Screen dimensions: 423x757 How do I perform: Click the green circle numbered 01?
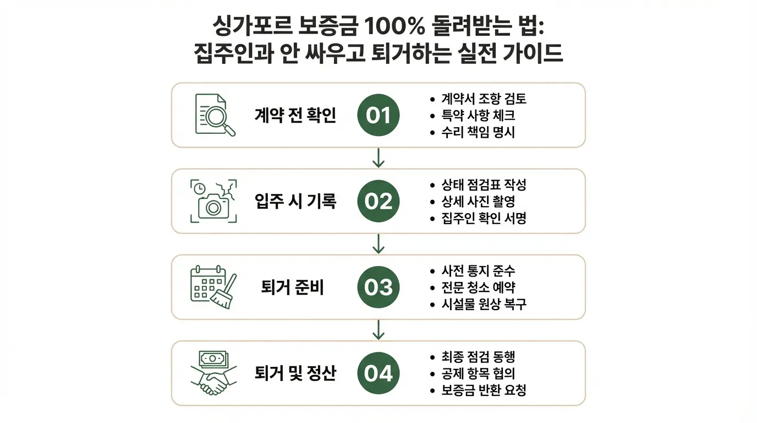[378, 116]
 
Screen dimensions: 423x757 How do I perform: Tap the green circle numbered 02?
[378, 202]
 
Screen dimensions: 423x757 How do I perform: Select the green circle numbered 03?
[378, 288]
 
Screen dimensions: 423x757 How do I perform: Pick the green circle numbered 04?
[378, 373]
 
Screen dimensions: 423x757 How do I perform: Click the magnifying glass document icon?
[215, 115]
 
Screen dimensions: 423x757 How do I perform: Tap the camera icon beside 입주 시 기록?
[213, 201]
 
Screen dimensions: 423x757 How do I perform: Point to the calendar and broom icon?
[213, 287]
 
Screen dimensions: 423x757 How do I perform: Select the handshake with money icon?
[213, 373]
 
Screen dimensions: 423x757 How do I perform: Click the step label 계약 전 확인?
[295, 116]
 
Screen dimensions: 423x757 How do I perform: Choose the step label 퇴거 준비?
[293, 288]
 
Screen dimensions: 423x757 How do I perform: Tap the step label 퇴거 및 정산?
[295, 373]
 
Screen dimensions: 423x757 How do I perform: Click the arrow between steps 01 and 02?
[378, 158]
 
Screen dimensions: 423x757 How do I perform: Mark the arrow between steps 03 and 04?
[378, 329]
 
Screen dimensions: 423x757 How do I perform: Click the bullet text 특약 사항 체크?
[478, 116]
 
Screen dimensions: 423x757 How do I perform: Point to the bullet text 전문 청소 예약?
[478, 288]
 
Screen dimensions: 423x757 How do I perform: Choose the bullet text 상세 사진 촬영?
[478, 202]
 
